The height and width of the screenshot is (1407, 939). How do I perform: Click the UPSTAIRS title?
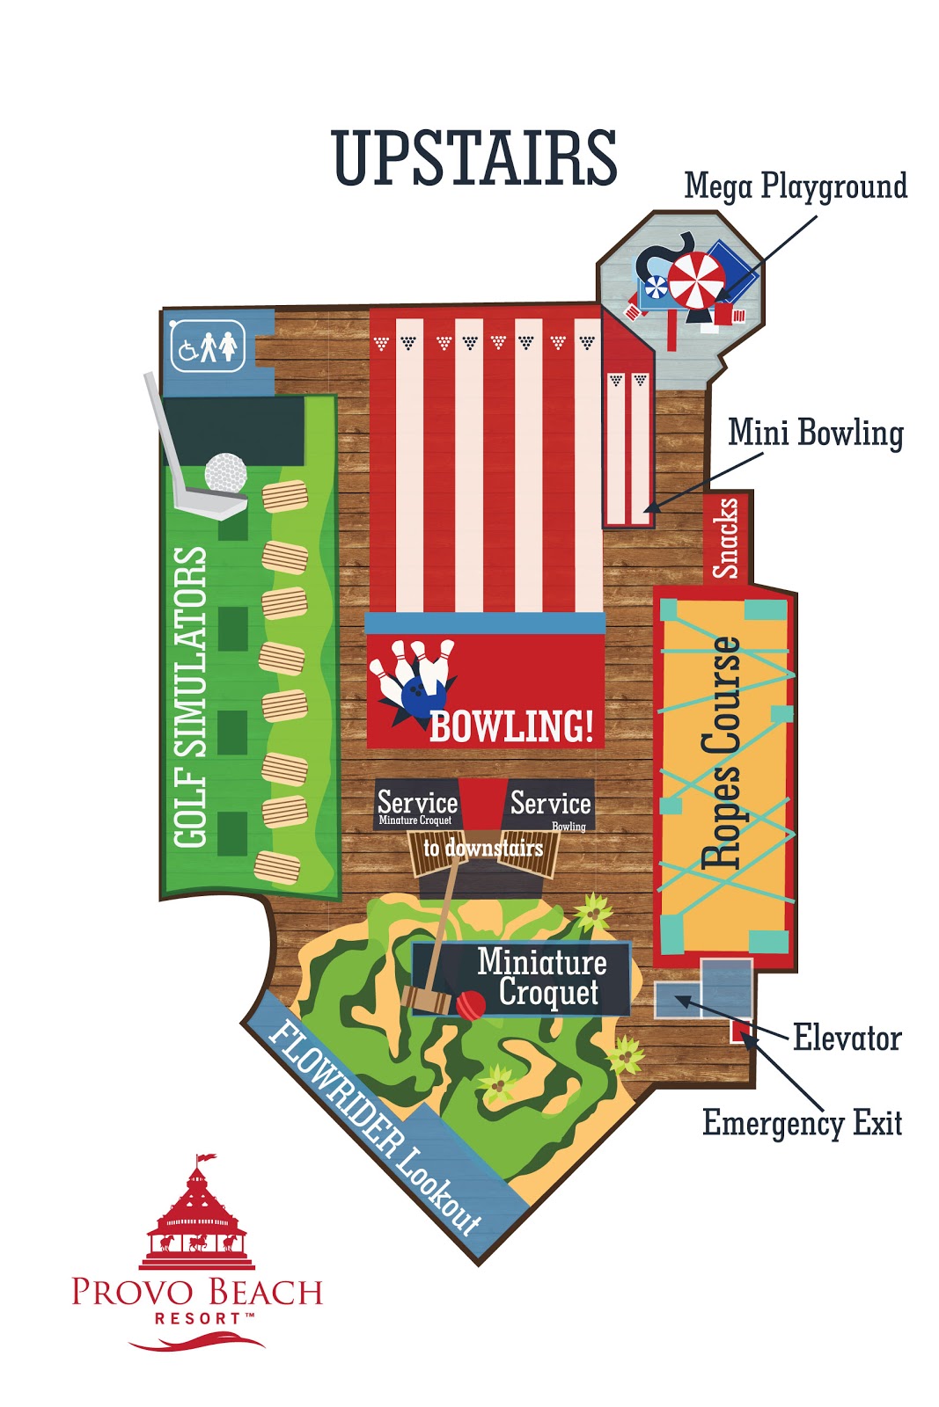(474, 158)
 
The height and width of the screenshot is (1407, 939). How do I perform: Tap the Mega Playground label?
(796, 187)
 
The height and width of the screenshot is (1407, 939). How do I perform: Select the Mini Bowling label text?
(816, 434)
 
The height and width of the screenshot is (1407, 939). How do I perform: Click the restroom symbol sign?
(208, 346)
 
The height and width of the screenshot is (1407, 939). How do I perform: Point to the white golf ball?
(225, 473)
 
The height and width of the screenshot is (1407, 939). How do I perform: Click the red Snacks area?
(725, 538)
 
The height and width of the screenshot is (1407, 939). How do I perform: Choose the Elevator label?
(847, 1039)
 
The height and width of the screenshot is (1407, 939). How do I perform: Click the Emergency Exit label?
(802, 1123)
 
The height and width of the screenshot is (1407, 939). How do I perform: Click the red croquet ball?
(471, 1004)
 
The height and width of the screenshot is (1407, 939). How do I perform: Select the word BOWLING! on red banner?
(511, 726)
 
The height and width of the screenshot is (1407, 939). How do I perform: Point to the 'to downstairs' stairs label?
(483, 849)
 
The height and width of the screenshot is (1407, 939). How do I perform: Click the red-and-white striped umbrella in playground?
(696, 280)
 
